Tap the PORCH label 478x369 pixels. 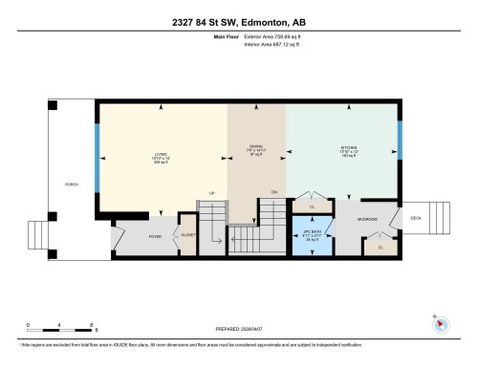(x=72, y=184)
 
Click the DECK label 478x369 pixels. (x=417, y=216)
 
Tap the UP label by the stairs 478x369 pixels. (x=212, y=192)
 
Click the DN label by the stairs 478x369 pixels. (x=274, y=192)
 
